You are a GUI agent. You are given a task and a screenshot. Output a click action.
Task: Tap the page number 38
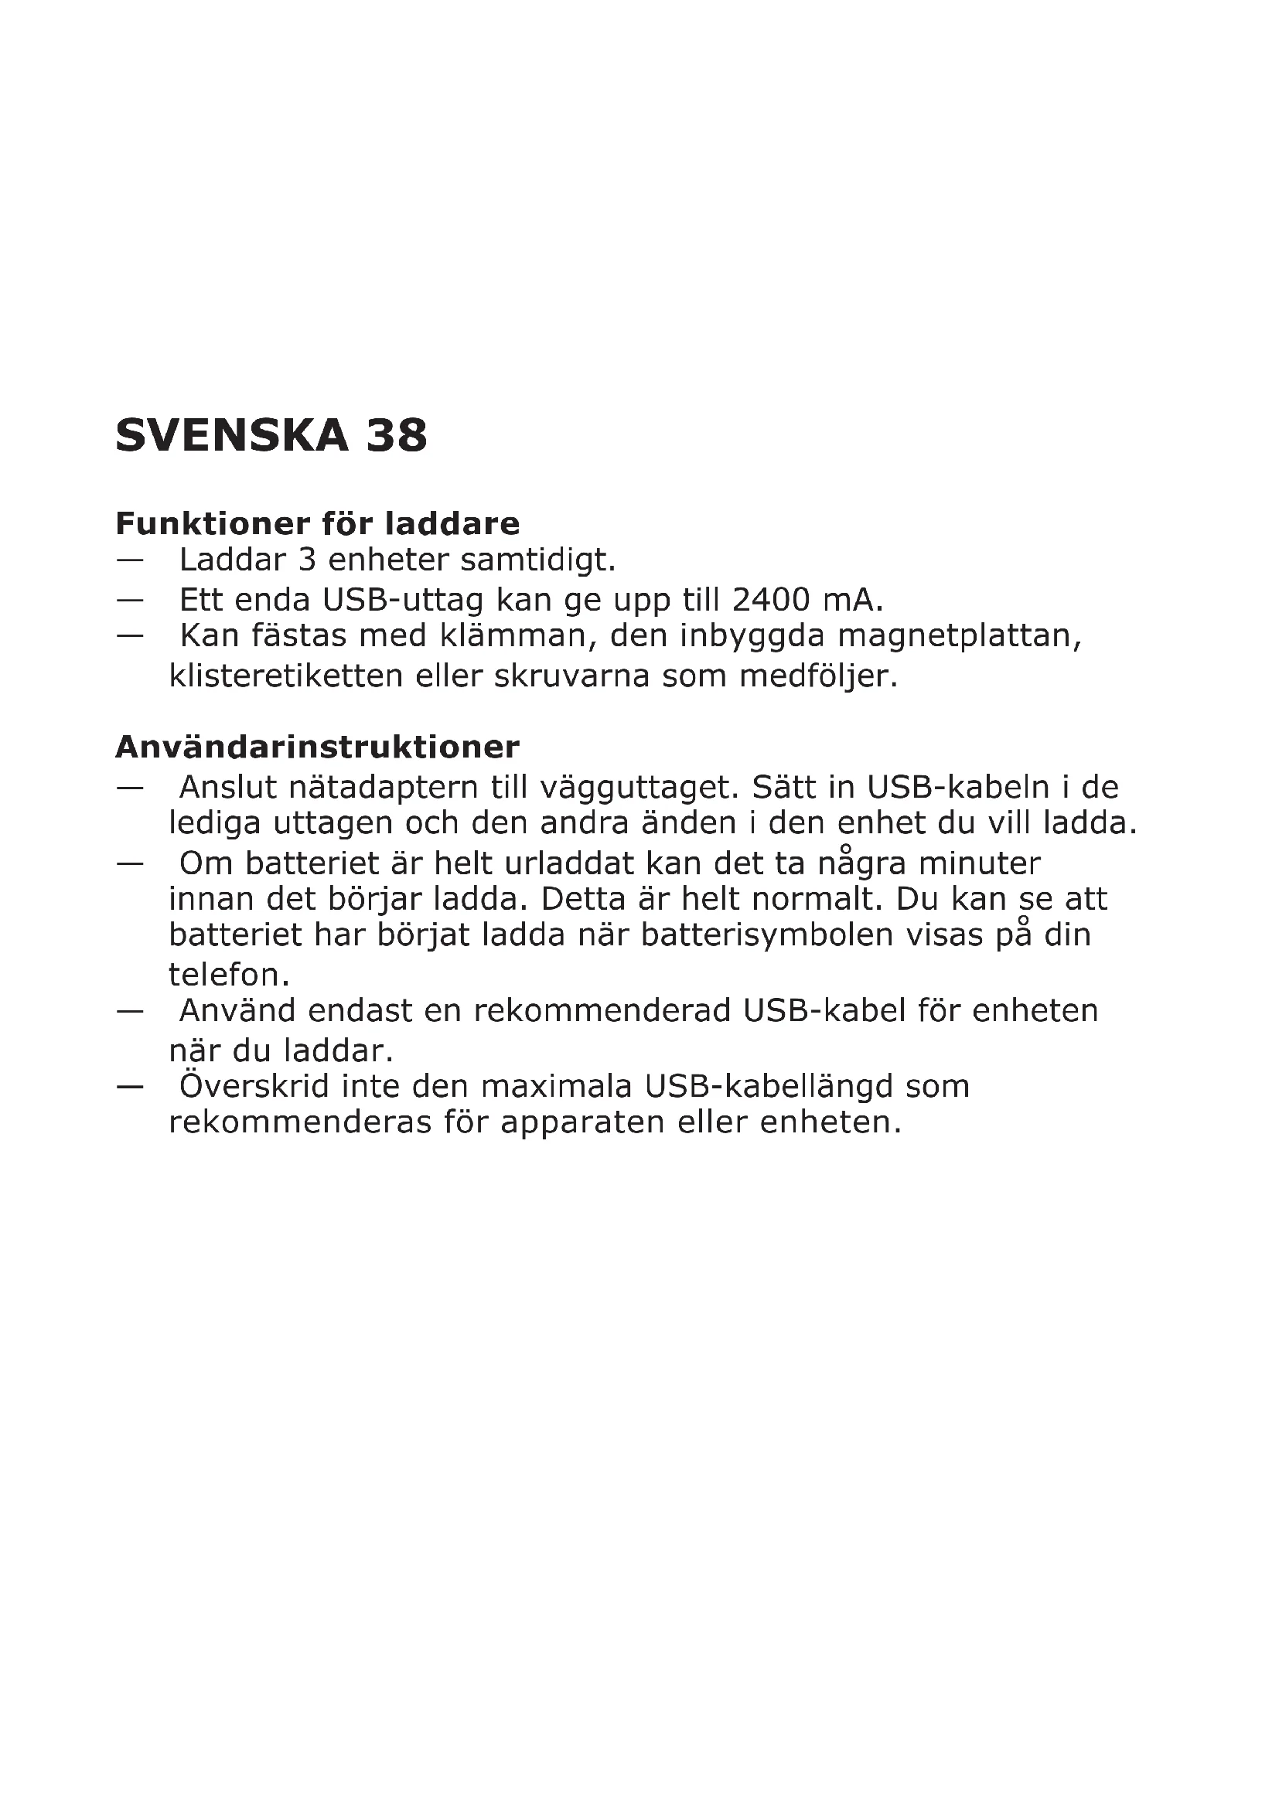coord(396,435)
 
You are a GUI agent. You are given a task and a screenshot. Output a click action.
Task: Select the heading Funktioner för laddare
coord(317,523)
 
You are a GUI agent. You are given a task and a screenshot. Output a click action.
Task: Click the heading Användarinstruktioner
coord(317,747)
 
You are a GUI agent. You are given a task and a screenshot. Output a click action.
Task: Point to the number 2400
coord(771,600)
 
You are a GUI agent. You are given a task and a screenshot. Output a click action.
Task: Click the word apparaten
coord(583,1122)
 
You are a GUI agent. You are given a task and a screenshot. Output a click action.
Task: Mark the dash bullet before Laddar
coord(129,560)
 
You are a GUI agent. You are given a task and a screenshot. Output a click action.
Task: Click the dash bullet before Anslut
coord(129,788)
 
